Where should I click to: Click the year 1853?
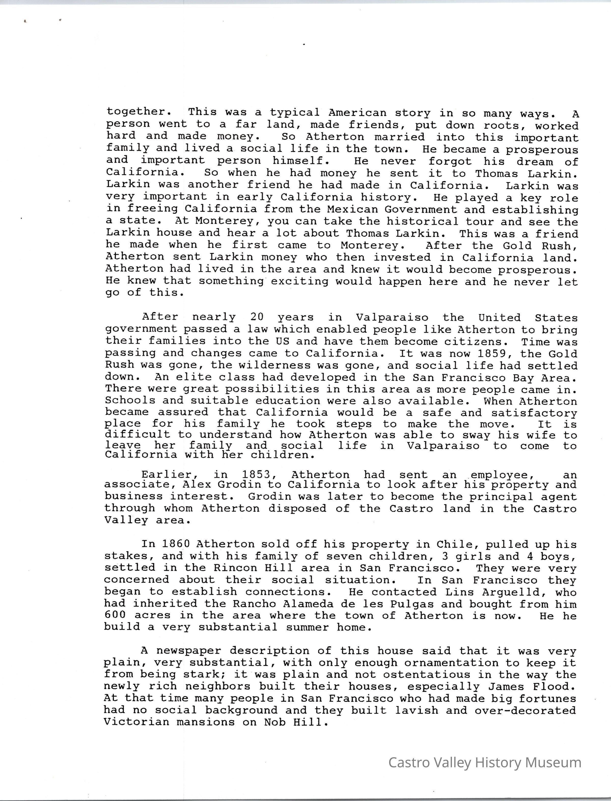tap(256, 475)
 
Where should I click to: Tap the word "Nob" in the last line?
tap(275, 722)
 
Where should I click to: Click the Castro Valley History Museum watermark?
tap(484, 767)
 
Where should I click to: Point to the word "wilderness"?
tap(269, 365)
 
